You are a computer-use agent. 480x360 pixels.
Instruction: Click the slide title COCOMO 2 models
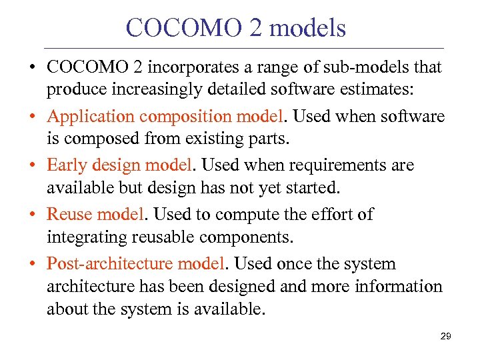click(x=236, y=28)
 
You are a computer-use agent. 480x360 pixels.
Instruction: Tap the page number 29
click(x=446, y=337)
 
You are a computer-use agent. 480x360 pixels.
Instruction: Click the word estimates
click(x=377, y=89)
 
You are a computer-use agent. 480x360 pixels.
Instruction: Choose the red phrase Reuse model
click(x=95, y=215)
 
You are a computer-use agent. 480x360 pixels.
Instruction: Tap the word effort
click(x=329, y=215)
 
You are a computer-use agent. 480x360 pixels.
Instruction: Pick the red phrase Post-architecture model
click(x=136, y=264)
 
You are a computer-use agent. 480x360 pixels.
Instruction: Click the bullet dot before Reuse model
click(x=33, y=215)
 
